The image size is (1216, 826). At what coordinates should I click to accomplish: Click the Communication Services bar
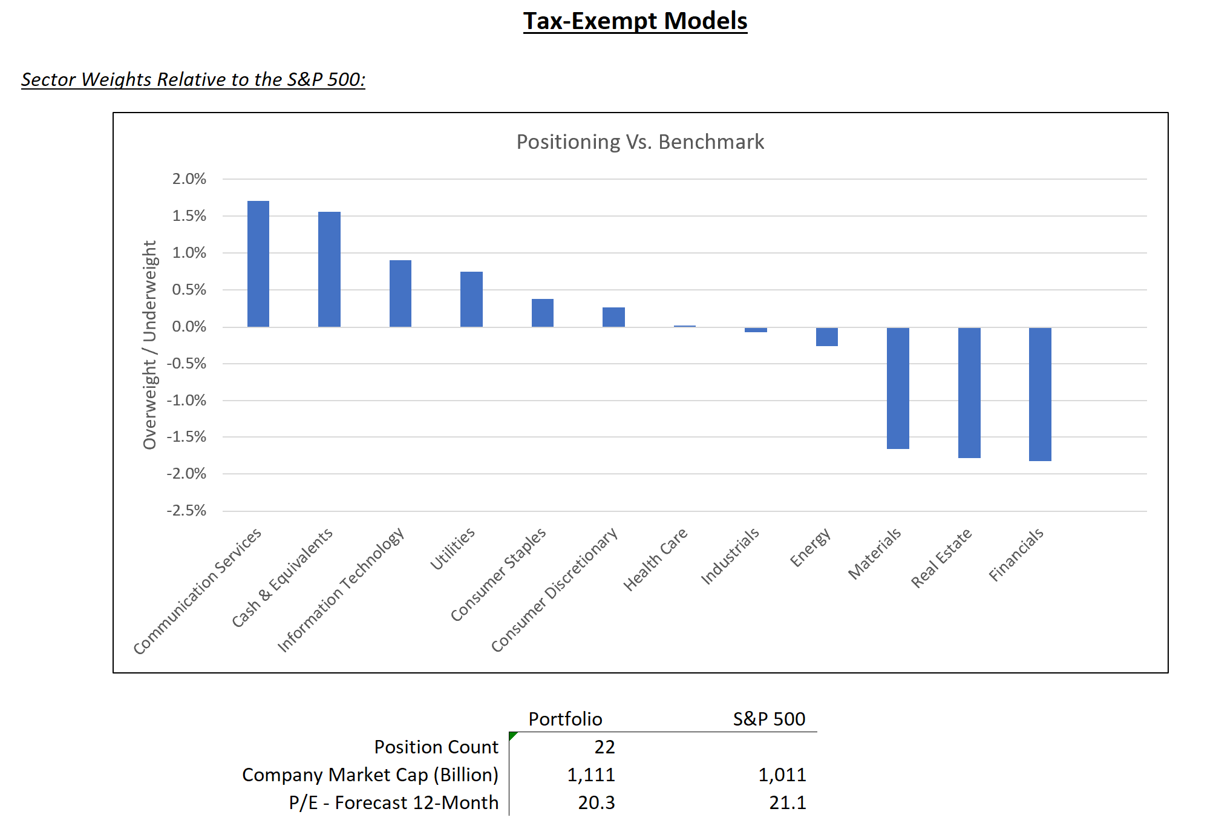[x=258, y=264]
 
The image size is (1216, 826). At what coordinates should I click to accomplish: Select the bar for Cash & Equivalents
[x=329, y=269]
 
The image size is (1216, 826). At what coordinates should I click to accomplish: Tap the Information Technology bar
[x=400, y=293]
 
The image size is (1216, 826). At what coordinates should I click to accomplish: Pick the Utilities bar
[x=471, y=300]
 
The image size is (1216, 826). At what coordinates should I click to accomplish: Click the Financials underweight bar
[x=1040, y=394]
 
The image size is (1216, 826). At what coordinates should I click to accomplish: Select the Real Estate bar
[x=969, y=393]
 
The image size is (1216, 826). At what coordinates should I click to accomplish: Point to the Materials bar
[x=898, y=388]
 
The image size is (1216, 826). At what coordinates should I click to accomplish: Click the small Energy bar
[x=827, y=336]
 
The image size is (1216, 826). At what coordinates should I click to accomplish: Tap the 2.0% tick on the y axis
[x=189, y=179]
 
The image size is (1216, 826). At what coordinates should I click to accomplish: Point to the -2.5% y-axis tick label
[x=186, y=511]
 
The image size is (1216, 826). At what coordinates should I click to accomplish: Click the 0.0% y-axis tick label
[x=189, y=327]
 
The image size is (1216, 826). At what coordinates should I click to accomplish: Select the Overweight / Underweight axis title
[x=149, y=345]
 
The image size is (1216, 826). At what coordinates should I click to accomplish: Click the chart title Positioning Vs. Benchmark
[x=640, y=142]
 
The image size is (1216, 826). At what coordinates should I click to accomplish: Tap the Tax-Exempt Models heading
[x=635, y=21]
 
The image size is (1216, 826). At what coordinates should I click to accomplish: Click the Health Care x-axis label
[x=656, y=559]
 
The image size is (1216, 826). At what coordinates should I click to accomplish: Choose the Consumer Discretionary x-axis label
[x=554, y=590]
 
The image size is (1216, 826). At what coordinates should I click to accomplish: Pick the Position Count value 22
[x=604, y=747]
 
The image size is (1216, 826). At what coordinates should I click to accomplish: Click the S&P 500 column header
[x=769, y=719]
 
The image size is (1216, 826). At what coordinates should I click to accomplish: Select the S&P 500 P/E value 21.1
[x=788, y=803]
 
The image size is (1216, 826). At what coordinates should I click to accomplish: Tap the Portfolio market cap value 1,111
[x=591, y=775]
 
